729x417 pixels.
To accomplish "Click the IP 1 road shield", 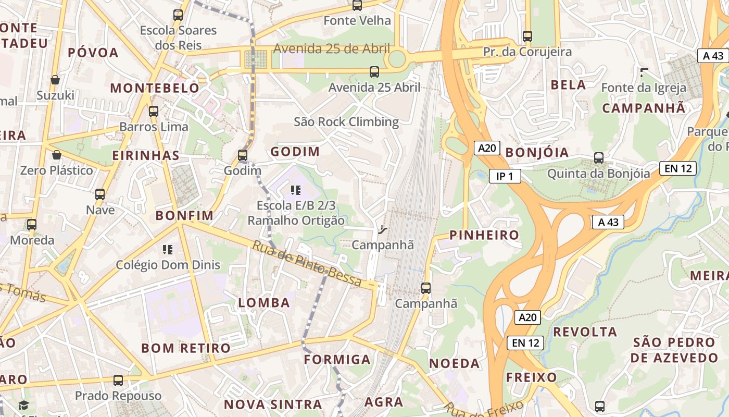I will tap(505, 176).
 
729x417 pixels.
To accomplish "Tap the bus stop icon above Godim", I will tap(243, 155).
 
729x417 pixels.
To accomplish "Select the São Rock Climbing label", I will tap(346, 122).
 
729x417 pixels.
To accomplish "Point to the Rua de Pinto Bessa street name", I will tap(307, 263).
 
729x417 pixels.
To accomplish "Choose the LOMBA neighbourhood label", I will tap(263, 303).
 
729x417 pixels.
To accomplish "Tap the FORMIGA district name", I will tap(337, 360).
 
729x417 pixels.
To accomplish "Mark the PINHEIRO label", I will tap(484, 235).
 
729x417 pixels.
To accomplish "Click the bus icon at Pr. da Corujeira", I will tap(527, 36).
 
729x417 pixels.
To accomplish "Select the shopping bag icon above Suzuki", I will tap(55, 80).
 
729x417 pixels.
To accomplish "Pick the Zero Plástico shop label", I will tap(56, 170).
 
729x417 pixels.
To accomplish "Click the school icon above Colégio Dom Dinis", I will tap(168, 250).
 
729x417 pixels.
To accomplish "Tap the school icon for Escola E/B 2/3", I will tap(296, 190).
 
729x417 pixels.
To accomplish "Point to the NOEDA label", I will tap(454, 364).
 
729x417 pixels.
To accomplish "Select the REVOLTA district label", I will tap(585, 332).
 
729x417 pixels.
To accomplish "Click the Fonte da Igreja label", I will tap(644, 88).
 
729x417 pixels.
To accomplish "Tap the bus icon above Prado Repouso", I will tap(118, 381).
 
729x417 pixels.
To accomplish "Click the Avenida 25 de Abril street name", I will tap(331, 49).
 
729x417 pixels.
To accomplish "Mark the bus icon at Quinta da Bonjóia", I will tap(599, 158).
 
